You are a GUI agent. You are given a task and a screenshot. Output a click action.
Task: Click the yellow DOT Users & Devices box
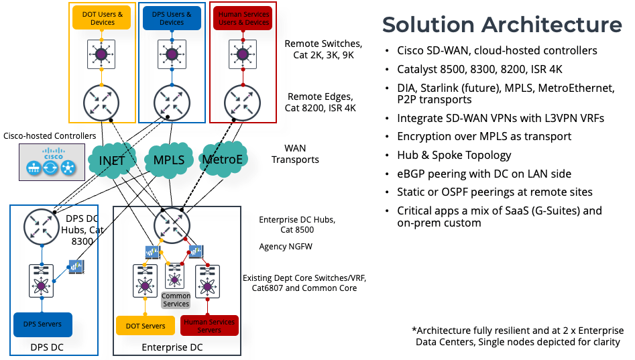click(101, 18)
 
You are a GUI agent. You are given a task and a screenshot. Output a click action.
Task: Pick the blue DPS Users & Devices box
click(171, 18)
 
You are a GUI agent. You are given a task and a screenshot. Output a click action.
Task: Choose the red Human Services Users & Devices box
click(244, 18)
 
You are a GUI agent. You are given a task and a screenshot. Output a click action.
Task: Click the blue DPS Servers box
click(43, 324)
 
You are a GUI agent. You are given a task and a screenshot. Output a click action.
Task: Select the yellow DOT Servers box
click(146, 326)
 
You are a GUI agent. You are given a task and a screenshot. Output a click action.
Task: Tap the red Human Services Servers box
click(209, 326)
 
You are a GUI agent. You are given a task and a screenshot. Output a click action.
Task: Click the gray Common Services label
click(176, 300)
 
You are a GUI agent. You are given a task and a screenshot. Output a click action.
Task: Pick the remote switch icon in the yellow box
click(102, 54)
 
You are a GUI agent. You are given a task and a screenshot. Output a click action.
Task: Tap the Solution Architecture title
click(502, 25)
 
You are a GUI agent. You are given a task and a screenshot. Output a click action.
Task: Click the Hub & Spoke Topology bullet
click(457, 155)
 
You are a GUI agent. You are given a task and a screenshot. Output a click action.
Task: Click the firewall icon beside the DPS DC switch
click(76, 267)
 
